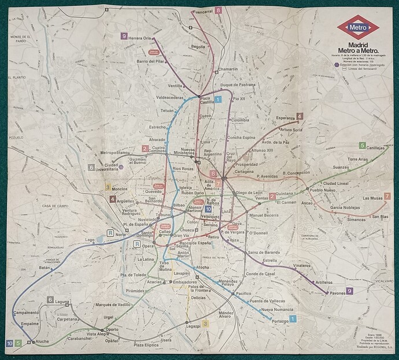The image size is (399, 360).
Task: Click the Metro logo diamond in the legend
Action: (358, 27)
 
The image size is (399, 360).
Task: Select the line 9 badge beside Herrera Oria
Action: (124, 36)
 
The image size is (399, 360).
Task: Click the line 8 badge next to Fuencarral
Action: (218, 10)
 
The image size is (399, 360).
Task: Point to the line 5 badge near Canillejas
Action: (363, 145)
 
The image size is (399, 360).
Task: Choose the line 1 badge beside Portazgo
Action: (293, 319)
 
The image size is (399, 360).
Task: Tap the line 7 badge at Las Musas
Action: (386, 196)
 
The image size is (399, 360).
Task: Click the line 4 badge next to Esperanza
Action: (300, 116)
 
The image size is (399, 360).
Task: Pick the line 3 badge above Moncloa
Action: (108, 187)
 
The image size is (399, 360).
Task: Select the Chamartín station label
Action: (227, 69)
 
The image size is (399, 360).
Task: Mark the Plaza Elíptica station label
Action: (146, 345)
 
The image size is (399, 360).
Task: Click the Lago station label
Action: (89, 240)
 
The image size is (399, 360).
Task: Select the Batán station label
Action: (45, 268)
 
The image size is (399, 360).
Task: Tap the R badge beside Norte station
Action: (109, 233)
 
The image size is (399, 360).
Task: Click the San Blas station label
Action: (380, 216)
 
